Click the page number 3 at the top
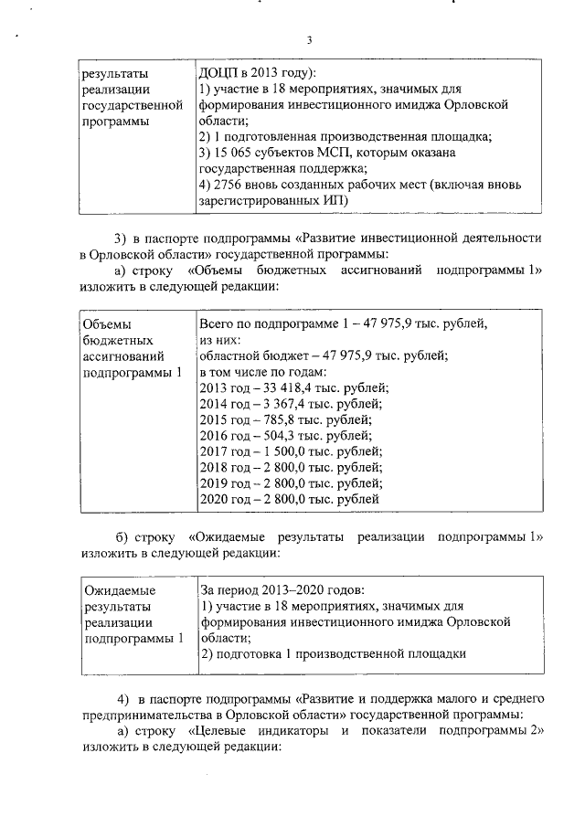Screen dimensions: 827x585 pyautogui.click(x=309, y=40)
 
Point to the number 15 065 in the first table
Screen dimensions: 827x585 pyautogui.click(x=236, y=153)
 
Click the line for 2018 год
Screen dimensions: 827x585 pyautogui.click(x=291, y=468)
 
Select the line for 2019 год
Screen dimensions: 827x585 pyautogui.click(x=291, y=483)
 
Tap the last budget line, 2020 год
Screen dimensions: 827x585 pyautogui.click(x=289, y=500)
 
